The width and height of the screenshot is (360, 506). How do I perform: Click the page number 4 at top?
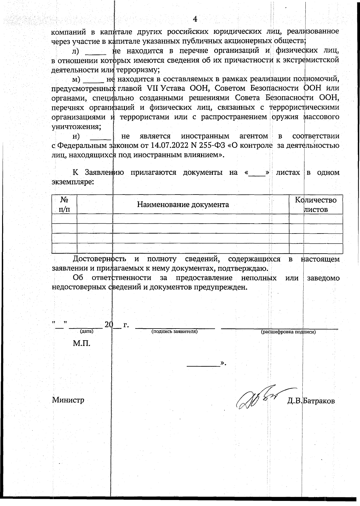click(x=195, y=19)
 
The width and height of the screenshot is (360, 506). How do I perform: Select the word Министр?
click(x=68, y=400)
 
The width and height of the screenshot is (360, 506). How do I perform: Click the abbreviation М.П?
click(x=82, y=343)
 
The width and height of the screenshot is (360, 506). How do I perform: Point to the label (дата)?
click(x=87, y=331)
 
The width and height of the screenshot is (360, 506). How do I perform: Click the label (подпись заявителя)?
click(x=174, y=331)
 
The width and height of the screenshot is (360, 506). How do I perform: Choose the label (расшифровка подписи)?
click(x=288, y=332)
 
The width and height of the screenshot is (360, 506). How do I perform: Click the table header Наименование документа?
click(x=183, y=205)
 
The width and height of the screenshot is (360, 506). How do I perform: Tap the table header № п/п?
click(x=64, y=204)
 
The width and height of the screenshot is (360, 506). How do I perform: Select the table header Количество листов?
click(x=316, y=205)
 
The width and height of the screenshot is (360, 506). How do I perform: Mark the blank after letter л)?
click(x=96, y=52)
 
